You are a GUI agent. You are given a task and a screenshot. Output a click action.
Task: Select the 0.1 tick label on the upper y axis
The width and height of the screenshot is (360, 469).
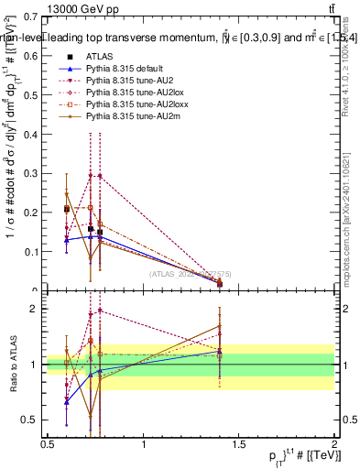[x=34, y=251]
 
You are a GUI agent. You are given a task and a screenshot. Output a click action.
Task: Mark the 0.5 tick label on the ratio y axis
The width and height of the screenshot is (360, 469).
[x=33, y=420]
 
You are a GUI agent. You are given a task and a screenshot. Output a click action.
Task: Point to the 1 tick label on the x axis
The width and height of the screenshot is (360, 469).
[x=143, y=444]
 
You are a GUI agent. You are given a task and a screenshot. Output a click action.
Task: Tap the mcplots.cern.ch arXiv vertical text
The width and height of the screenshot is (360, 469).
[x=352, y=211]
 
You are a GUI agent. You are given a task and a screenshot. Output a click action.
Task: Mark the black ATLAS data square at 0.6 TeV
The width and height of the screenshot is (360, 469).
[x=66, y=209]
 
